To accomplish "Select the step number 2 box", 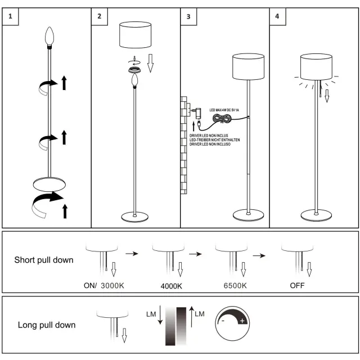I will pyautogui.click(x=100, y=16).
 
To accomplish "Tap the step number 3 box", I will pyautogui.click(x=188, y=16).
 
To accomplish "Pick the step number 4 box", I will pyautogui.click(x=277, y=16).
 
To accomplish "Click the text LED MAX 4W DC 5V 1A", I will pyautogui.click(x=224, y=110).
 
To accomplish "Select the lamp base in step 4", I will pyautogui.click(x=316, y=215).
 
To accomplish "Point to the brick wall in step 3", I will pyautogui.click(x=182, y=146).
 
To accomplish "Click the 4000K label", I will pyautogui.click(x=171, y=286).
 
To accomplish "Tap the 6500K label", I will pyautogui.click(x=235, y=286).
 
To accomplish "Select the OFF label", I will pyautogui.click(x=297, y=286).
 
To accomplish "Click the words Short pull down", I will pyautogui.click(x=43, y=260).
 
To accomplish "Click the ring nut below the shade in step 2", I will pyautogui.click(x=135, y=70).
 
